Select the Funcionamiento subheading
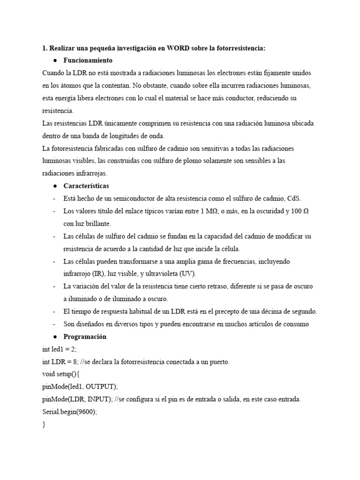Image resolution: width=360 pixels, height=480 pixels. [88, 60]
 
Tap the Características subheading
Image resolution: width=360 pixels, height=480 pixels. [86, 186]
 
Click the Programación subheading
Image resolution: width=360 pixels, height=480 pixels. [85, 337]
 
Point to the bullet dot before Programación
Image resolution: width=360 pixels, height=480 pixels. [55, 337]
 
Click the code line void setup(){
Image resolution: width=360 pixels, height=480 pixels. [61, 374]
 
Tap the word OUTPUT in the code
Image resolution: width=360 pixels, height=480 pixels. [100, 387]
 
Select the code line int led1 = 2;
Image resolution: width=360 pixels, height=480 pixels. [59, 349]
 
